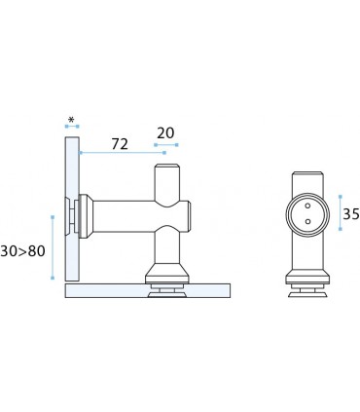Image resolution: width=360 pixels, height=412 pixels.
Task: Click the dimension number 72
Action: (120, 144)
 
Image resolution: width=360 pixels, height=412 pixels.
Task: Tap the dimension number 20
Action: (165, 133)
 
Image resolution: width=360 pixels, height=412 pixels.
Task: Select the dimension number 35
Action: (351, 214)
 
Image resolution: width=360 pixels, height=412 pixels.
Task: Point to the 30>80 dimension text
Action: (22, 251)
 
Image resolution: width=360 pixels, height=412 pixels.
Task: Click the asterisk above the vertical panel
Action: (71, 120)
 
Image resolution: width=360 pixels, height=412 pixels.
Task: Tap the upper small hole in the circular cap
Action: (307, 206)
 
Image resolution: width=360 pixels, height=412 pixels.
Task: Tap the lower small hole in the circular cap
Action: (307, 222)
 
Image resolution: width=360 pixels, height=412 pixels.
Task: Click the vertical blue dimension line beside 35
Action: (340, 212)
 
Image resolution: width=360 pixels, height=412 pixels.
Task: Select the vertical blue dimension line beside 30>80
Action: (53, 247)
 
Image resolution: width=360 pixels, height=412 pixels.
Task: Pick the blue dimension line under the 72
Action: (122, 153)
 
